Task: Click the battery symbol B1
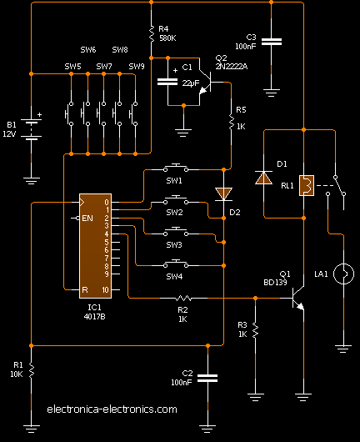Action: (31, 129)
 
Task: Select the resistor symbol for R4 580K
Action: (150, 34)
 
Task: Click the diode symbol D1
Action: (264, 177)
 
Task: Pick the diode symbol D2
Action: (223, 193)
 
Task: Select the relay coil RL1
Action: (307, 186)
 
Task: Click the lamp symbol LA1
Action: (342, 273)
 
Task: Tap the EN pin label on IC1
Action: (87, 218)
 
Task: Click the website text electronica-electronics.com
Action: (112, 409)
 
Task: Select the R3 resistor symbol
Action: (255, 330)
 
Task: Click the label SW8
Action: (120, 50)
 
